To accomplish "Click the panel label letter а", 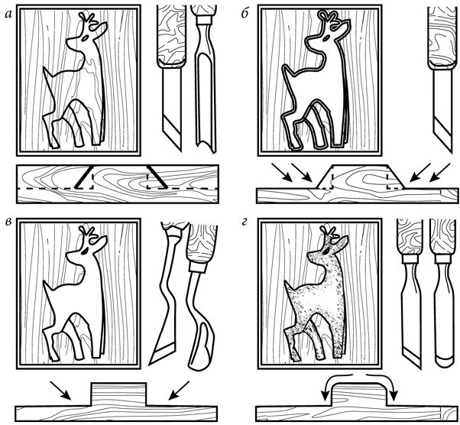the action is [x=8, y=15].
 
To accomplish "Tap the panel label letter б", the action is [x=245, y=14].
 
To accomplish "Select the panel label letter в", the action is [x=8, y=222].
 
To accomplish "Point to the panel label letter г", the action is [x=245, y=222].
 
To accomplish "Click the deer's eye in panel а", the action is [x=86, y=38].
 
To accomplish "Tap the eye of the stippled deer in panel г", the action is [x=326, y=251].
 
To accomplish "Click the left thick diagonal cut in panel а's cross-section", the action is [x=83, y=177].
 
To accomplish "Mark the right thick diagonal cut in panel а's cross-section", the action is [x=157, y=177].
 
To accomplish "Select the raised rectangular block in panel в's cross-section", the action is [x=118, y=394].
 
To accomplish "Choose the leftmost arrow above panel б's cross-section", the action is [x=282, y=173].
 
